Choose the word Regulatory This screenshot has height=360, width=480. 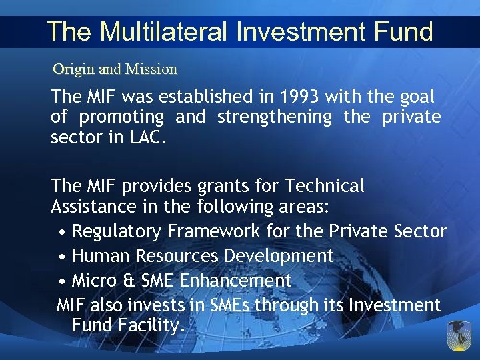point(117,231)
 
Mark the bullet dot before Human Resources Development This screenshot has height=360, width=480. point(61,257)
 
